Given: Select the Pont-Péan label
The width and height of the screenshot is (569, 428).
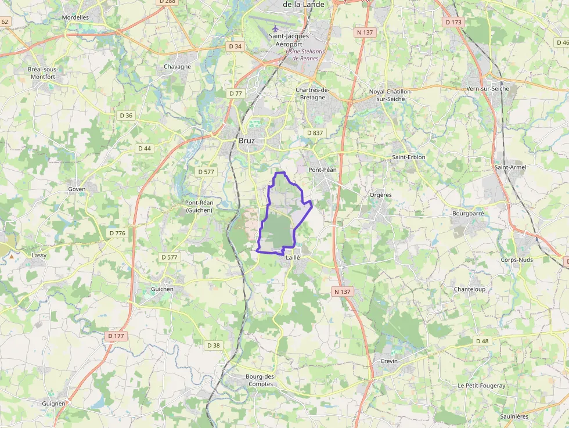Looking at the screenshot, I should (322, 170).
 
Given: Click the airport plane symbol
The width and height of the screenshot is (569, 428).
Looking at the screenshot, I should (275, 28).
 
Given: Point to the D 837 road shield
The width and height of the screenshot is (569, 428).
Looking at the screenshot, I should (314, 133).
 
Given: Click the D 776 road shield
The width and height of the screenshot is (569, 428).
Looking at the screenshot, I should (117, 233).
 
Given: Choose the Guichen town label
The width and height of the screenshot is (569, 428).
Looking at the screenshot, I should (162, 289).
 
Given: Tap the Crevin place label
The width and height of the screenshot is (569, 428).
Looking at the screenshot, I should (389, 361).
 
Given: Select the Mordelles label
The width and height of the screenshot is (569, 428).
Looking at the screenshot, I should (75, 17).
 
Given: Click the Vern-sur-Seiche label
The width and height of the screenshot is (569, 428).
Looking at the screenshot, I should (488, 88).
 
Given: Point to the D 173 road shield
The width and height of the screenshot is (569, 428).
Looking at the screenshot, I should (453, 22).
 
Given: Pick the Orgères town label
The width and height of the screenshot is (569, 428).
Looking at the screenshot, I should (381, 195).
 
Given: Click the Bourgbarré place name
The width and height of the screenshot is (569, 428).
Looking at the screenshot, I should (468, 213).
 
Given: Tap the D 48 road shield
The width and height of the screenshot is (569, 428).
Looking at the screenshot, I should (482, 341).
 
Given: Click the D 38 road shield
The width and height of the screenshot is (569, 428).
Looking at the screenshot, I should (214, 346).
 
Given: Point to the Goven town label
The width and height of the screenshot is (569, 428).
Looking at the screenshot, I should (77, 189).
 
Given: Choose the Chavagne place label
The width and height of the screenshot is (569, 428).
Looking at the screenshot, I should (177, 66).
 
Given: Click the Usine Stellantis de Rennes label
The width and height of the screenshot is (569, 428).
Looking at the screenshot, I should (305, 55).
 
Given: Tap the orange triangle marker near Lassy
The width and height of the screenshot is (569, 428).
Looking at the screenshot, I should (11, 255).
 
